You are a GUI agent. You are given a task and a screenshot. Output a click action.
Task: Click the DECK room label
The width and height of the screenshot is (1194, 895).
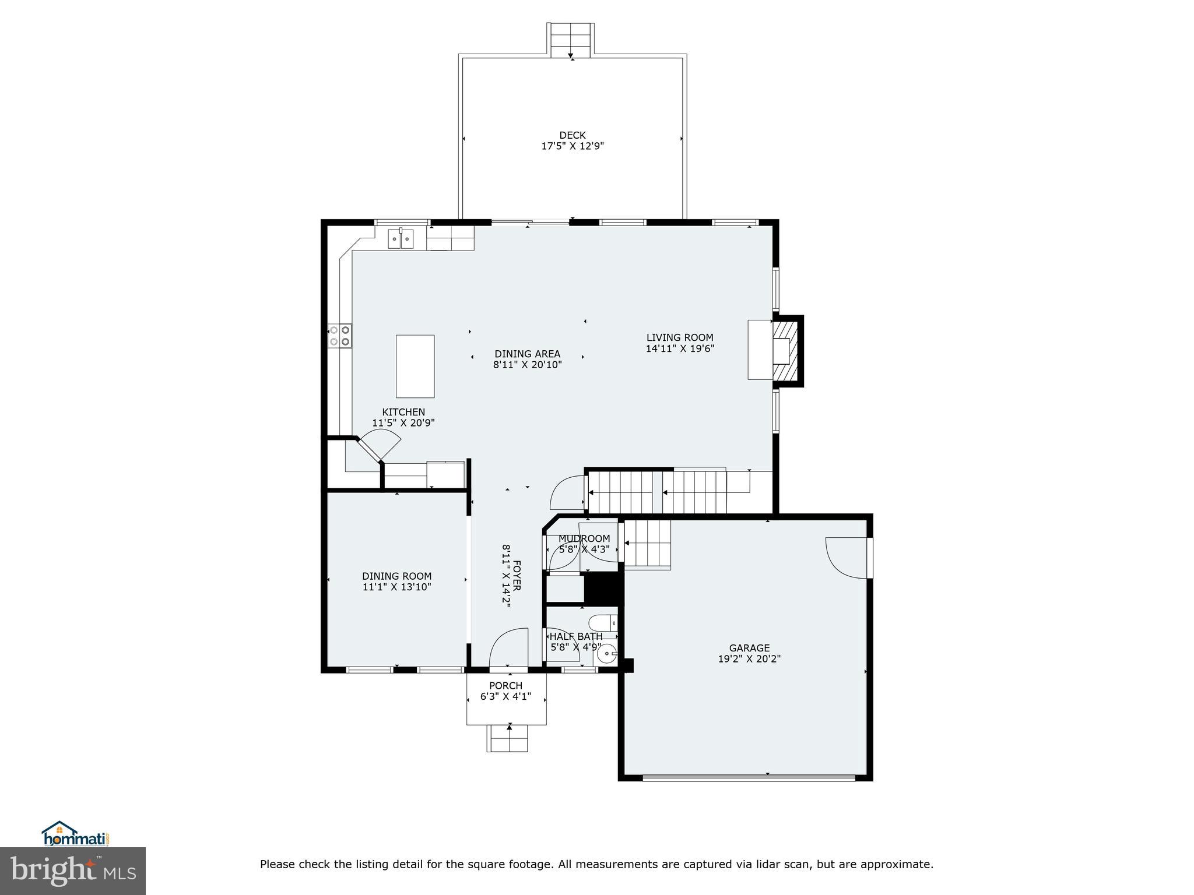point(572,135)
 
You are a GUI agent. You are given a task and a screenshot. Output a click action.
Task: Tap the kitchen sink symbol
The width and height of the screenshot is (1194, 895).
point(401,239)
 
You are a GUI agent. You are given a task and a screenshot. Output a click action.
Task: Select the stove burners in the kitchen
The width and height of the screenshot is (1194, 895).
point(340,336)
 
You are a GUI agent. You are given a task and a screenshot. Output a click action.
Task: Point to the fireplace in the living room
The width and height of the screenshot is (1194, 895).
point(781,351)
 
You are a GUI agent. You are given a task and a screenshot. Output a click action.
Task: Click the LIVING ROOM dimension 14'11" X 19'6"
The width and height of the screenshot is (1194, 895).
point(680,349)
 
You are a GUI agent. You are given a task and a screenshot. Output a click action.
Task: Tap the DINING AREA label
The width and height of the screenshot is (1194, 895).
point(527,354)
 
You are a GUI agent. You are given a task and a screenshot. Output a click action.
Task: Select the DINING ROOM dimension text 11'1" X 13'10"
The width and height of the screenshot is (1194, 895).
point(396,587)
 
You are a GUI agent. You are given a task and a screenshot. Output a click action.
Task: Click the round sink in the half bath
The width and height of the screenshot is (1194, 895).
point(607,654)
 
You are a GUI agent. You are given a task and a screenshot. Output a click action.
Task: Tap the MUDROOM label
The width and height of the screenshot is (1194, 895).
point(584,538)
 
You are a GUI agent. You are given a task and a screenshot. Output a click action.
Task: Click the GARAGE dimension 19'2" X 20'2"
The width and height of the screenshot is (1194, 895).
point(749,659)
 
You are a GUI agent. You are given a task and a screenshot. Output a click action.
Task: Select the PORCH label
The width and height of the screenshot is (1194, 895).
point(505,686)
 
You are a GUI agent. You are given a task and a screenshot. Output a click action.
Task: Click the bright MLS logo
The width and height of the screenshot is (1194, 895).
point(73,871)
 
